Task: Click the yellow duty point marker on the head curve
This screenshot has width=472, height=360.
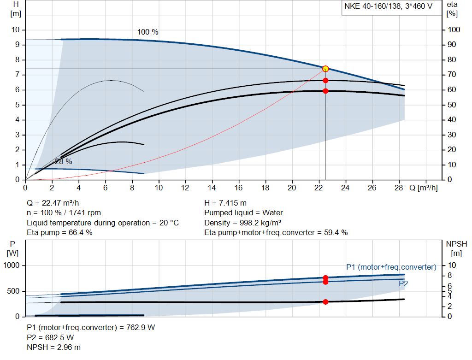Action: click(325, 69)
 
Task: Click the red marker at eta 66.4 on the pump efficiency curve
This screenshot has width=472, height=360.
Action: click(325, 80)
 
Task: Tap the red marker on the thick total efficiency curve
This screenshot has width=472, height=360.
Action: click(325, 91)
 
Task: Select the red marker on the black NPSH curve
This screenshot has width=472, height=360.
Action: click(325, 302)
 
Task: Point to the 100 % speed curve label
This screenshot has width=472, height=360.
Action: click(147, 32)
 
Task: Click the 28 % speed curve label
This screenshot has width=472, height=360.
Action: click(63, 162)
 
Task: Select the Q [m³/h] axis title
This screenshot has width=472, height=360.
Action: click(423, 188)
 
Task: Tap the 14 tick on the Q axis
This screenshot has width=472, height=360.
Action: click(212, 188)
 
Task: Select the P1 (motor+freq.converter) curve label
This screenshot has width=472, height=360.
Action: click(391, 267)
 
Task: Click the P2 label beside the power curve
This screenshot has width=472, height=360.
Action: click(403, 283)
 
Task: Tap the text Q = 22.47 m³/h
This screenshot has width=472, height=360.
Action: click(56, 203)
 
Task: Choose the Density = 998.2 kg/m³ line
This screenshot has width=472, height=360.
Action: click(243, 223)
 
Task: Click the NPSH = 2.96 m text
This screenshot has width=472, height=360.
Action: click(53, 347)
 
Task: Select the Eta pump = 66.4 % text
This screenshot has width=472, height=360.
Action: click(59, 233)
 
